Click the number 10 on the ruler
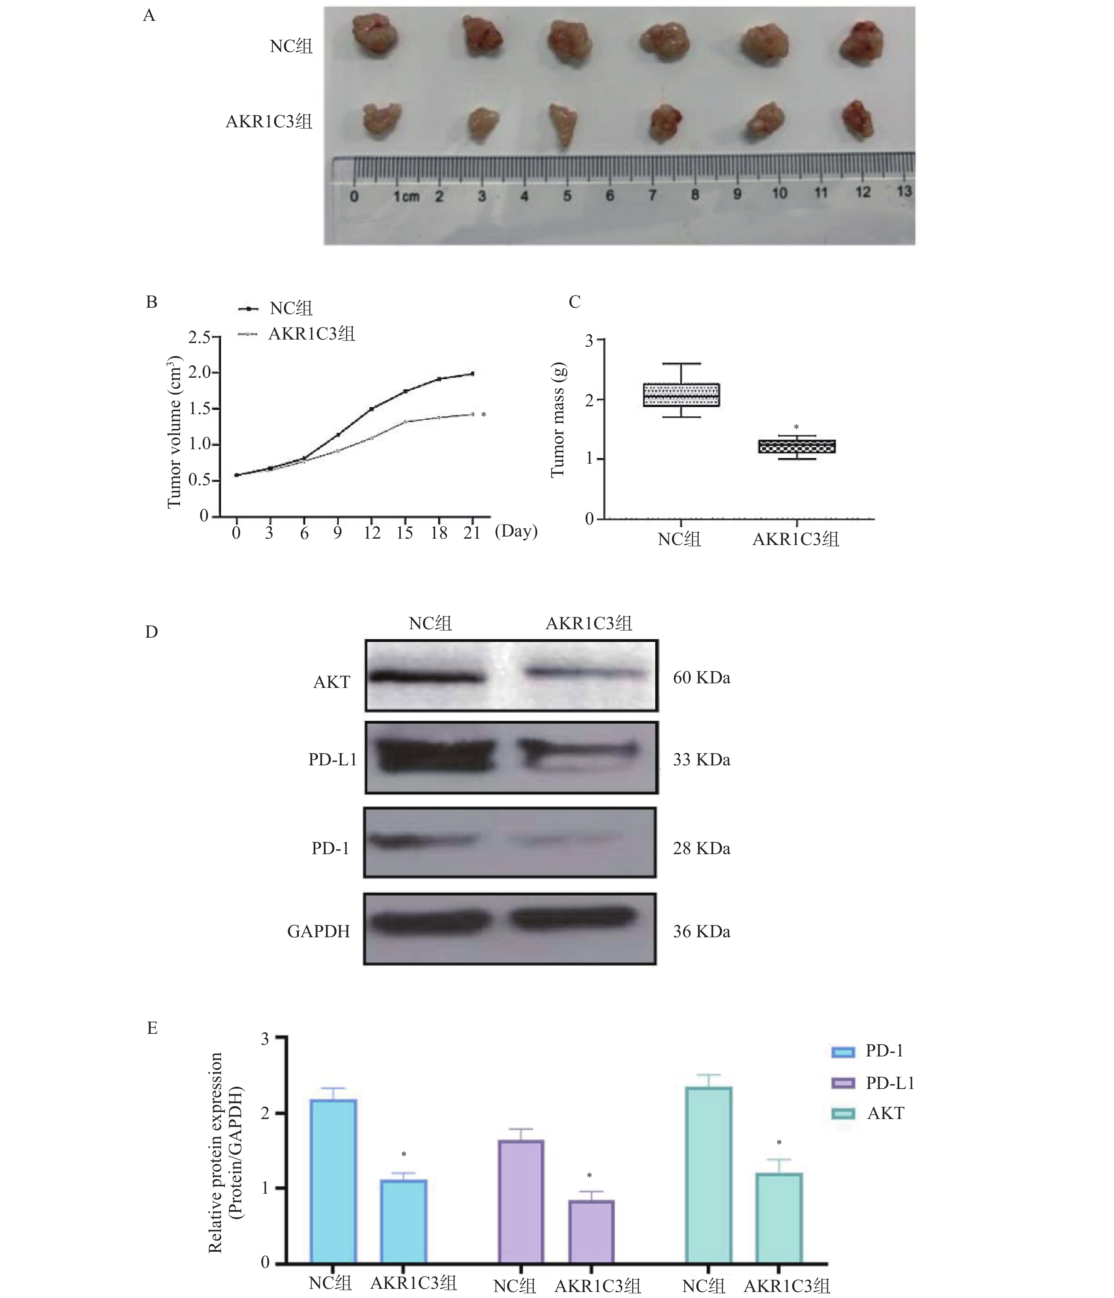point(779,193)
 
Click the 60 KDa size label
point(701,678)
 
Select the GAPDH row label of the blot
point(318,932)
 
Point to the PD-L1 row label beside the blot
point(332,760)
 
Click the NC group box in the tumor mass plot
point(681,395)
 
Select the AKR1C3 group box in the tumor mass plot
point(796,446)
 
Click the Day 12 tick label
point(372,533)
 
